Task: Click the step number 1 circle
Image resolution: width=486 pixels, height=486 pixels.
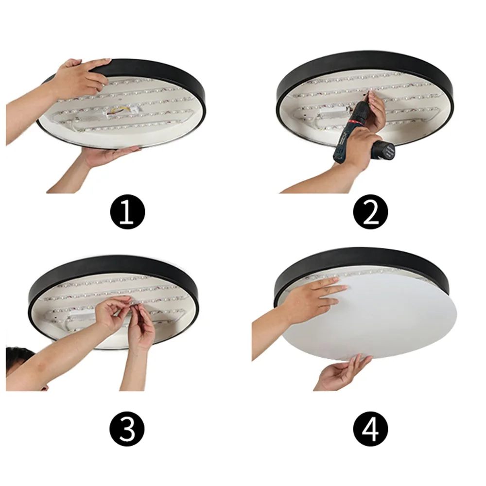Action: pos(127,212)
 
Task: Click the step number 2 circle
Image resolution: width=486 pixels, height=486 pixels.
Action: pos(370,212)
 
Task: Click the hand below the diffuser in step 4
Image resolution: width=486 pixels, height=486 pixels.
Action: pos(344,372)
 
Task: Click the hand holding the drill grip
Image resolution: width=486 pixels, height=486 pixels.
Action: pos(360,146)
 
